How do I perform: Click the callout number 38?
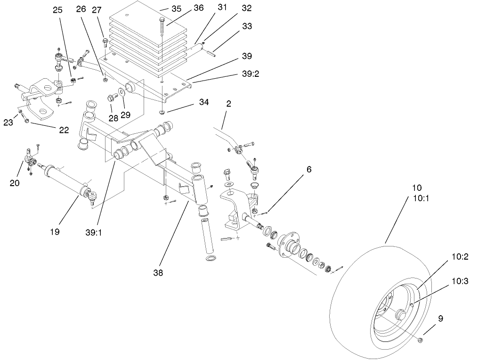tap(158, 272)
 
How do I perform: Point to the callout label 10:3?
tap(460, 281)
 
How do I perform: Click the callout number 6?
tap(308, 169)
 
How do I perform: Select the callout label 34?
tap(190, 102)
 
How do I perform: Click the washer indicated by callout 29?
tap(122, 91)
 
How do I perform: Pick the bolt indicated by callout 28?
tap(112, 98)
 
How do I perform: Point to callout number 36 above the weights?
tap(185, 8)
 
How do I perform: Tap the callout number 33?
tap(247, 27)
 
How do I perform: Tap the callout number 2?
tap(228, 104)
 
